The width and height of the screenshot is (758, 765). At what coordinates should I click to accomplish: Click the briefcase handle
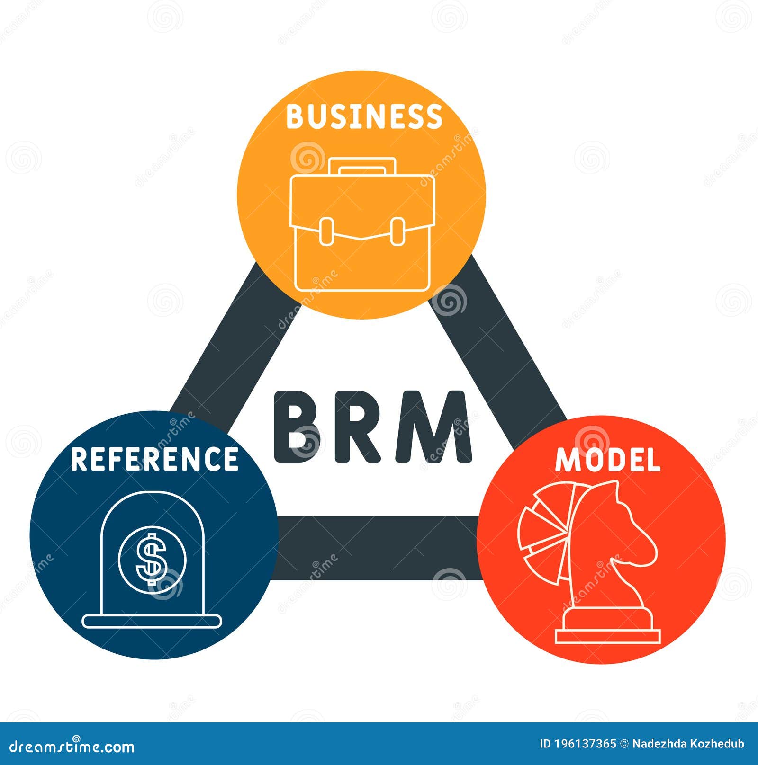[362, 166]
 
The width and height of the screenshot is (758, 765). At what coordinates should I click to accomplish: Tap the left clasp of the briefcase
[326, 231]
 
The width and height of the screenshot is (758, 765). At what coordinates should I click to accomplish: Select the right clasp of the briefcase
[397, 231]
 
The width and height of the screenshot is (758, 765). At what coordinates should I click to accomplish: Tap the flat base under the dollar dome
[152, 621]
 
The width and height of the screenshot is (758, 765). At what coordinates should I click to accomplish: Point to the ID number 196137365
[578, 744]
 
